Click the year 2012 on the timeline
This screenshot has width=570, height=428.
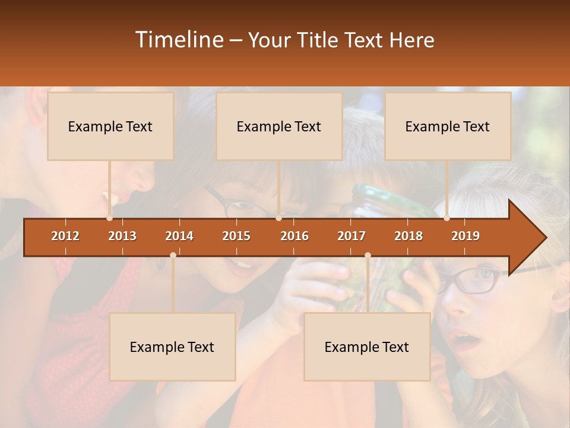[65, 236]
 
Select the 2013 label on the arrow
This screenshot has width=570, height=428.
[122, 236]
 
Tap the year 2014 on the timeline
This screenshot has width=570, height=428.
[179, 236]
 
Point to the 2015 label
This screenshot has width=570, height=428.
[236, 236]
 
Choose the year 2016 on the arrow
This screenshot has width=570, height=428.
[294, 236]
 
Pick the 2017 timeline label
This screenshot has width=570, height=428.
[351, 236]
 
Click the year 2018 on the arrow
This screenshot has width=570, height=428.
[408, 236]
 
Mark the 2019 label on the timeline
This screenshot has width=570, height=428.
[465, 236]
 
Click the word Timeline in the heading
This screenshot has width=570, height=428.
[178, 40]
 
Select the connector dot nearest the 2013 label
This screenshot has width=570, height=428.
[109, 218]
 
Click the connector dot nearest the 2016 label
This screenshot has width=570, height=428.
[278, 218]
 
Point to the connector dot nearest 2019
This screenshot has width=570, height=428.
[447, 218]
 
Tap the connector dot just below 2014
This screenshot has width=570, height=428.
[173, 255]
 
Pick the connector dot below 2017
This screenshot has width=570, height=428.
[368, 255]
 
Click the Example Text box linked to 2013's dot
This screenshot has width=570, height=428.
[110, 126]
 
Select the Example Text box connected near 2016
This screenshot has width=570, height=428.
[279, 126]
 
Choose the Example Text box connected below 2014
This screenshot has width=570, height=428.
[172, 347]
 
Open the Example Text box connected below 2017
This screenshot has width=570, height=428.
[367, 347]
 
